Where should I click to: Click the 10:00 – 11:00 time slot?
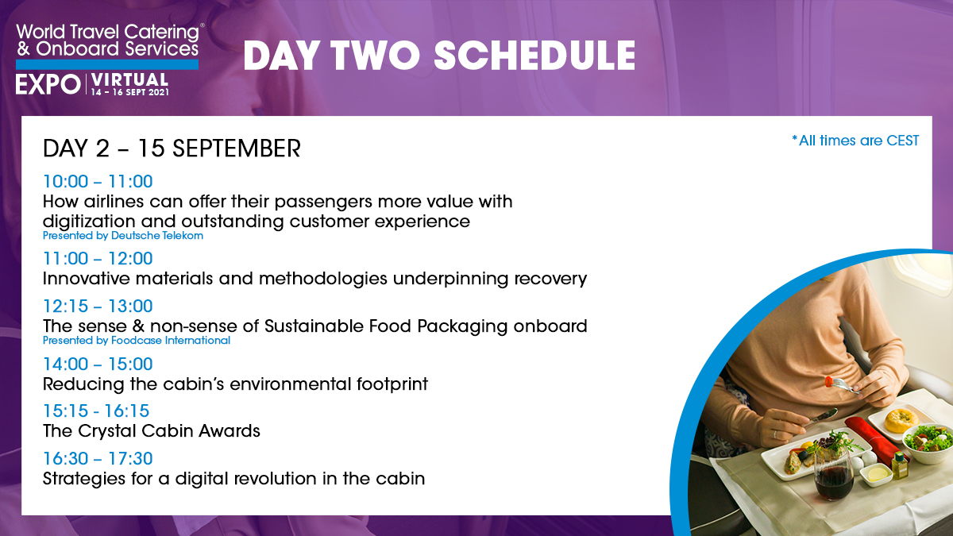(98, 182)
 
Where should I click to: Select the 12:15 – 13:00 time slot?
(98, 307)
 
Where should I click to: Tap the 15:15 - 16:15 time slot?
(96, 411)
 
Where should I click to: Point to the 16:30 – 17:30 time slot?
(98, 459)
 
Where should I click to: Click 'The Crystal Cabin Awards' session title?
(152, 431)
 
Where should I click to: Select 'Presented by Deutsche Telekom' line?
(123, 236)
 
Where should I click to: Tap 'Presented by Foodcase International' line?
(137, 341)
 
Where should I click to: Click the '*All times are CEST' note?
(855, 141)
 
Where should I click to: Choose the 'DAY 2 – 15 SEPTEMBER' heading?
(172, 148)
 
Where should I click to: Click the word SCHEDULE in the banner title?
(534, 56)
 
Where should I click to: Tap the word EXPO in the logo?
(48, 84)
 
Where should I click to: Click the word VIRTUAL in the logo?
(129, 79)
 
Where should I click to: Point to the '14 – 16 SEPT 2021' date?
(129, 92)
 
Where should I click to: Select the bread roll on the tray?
(901, 420)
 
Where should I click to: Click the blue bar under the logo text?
(107, 64)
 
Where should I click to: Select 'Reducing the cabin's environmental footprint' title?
(235, 384)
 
